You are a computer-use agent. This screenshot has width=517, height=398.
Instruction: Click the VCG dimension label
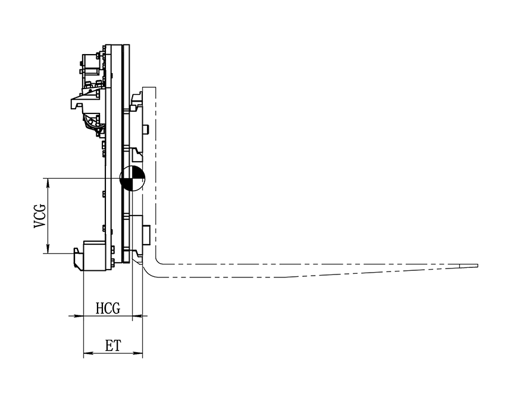tap(40, 216)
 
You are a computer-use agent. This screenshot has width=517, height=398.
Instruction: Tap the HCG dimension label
tap(108, 308)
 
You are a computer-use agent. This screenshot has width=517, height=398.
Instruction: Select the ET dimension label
tap(113, 346)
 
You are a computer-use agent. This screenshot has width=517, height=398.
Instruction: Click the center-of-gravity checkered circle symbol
tap(132, 178)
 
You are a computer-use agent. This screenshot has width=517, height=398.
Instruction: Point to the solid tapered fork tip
tap(469, 266)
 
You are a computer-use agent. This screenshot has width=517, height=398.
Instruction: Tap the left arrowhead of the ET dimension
tap(88, 353)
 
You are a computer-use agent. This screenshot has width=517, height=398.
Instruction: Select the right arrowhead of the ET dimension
tap(138, 353)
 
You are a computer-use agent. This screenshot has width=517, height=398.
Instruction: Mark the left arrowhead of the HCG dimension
tap(79, 316)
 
